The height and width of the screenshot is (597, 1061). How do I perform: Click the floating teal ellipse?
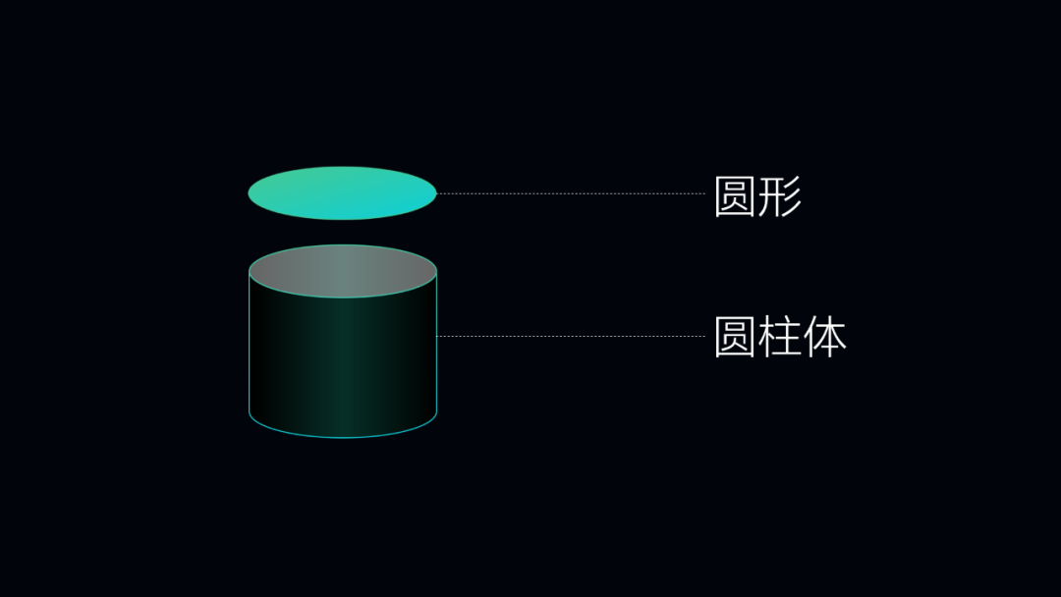coord(342,193)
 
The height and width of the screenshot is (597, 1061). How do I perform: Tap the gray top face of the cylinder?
coord(342,270)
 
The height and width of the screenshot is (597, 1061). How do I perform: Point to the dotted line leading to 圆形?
coord(570,193)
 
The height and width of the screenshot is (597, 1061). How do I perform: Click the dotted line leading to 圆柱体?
coord(570,336)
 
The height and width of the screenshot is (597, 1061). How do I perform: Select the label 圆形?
coord(757,196)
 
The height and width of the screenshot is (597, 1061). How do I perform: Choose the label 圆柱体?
coord(780,338)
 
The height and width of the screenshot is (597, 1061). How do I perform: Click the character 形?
coord(780,196)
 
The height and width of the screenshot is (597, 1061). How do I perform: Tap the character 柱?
coord(780,338)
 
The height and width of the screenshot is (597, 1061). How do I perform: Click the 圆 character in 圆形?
coord(735,196)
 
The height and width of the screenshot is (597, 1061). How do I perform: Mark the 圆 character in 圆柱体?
coord(735,338)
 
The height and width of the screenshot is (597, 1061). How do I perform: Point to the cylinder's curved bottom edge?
coord(342,436)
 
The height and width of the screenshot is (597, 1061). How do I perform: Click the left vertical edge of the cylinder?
coord(250,344)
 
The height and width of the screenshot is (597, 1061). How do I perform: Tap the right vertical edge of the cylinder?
coord(436,344)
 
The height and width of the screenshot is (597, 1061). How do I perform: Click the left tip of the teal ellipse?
coord(250,193)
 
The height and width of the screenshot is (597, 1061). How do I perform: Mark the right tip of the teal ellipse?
coord(435,193)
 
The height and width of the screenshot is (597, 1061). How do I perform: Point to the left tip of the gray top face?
coord(251,271)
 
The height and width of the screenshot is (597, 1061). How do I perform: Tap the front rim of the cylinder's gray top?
coord(342,297)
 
